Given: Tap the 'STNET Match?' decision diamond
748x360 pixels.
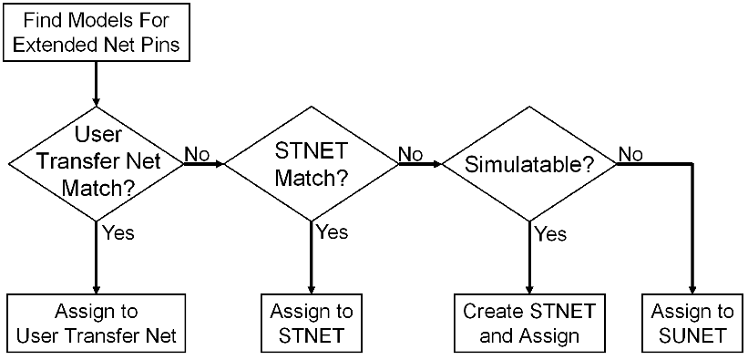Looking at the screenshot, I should click(x=312, y=165).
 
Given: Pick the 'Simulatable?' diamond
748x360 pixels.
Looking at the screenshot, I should click(x=529, y=165).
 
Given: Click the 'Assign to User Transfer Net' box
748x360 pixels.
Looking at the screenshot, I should click(x=95, y=323).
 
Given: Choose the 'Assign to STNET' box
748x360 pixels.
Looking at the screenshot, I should click(x=312, y=323).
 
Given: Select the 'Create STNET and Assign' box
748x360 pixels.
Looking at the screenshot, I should click(x=529, y=323).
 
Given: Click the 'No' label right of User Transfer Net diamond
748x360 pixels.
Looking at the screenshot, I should click(x=198, y=155).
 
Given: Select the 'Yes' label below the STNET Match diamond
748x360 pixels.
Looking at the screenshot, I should click(x=333, y=233).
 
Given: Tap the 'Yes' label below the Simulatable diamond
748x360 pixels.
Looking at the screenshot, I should click(x=550, y=233).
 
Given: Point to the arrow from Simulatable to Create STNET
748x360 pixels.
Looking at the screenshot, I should click(x=529, y=260).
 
